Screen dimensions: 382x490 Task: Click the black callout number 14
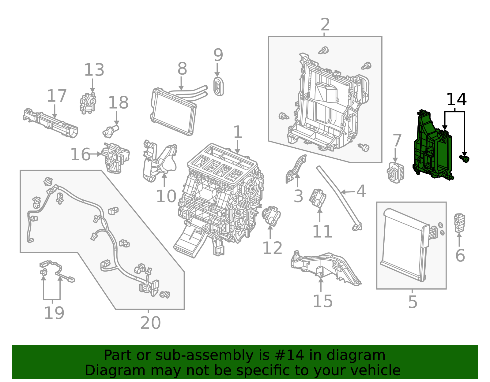point(456,100)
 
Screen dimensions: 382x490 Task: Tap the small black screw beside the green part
point(465,158)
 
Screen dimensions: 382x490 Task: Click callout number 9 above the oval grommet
point(218,55)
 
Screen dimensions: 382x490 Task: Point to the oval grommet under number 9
point(218,87)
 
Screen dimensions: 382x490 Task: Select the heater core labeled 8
point(173,112)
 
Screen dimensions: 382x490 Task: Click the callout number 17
point(57,96)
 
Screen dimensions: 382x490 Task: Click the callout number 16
point(80,154)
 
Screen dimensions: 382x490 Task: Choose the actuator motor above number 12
point(271,216)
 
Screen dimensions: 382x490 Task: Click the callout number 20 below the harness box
point(150,323)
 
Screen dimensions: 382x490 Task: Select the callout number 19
point(54,313)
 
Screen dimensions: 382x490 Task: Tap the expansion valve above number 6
point(459,223)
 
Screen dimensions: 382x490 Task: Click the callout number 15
point(322,302)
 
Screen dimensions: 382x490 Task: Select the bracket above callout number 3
point(296,170)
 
